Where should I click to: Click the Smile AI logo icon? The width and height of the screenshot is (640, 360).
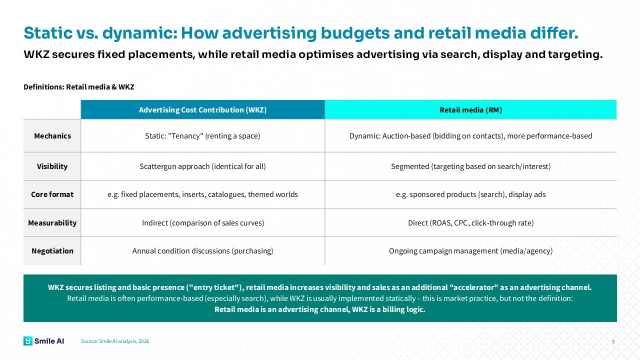(x=28, y=341)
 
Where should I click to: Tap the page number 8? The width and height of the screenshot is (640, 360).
(x=613, y=341)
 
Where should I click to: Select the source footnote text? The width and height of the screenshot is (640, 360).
(x=115, y=341)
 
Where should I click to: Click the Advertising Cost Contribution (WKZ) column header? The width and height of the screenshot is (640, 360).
(x=202, y=109)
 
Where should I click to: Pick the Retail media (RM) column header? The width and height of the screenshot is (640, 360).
(x=470, y=109)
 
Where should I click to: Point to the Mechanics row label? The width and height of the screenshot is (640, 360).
(x=52, y=135)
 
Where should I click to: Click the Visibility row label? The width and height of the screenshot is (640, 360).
(x=52, y=166)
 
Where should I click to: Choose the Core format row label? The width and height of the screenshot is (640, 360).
(x=52, y=194)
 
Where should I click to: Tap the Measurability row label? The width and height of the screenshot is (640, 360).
(x=52, y=223)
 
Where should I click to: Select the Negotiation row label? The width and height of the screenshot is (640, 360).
(x=52, y=251)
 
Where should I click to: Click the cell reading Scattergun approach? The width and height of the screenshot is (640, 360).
(x=202, y=166)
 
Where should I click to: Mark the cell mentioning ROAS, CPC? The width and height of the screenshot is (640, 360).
(x=470, y=223)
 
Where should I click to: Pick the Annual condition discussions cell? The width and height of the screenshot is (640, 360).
(x=202, y=251)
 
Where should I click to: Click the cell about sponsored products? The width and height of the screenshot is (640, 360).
(x=470, y=194)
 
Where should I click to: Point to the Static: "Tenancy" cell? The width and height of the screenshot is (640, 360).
(x=202, y=135)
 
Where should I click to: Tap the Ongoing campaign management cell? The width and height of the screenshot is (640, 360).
(x=470, y=251)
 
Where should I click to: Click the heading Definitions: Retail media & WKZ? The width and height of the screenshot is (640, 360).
(x=79, y=87)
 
